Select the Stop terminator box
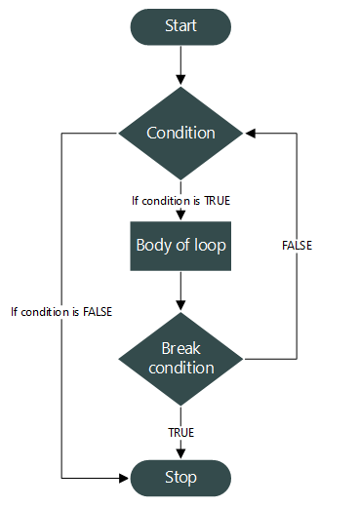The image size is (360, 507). coord(180,477)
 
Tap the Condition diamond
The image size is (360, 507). coord(180,132)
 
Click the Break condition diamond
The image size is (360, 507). coord(180,358)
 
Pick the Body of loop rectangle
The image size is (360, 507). coord(180,246)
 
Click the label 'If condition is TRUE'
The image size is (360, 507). coord(180,201)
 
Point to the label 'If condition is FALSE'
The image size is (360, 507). coord(60,312)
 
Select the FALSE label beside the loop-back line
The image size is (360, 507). coord(297,246)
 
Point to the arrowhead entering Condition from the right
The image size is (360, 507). coord(251,132)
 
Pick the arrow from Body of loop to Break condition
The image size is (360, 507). coord(180,290)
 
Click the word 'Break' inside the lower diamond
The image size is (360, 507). coord(180,348)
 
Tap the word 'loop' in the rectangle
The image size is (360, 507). coord(211,246)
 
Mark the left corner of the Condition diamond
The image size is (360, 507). coord(119,132)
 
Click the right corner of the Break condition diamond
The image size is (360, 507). coord(243,358)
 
